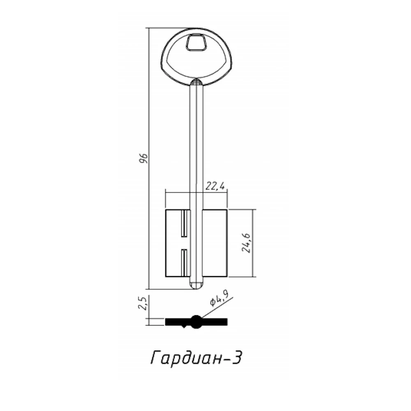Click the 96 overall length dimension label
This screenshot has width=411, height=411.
pos(143,158)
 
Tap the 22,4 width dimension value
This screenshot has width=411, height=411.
pos(215,186)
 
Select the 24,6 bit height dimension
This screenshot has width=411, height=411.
pos(247,243)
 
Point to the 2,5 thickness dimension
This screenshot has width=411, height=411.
pos(143,303)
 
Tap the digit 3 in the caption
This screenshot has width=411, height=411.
pos(236,358)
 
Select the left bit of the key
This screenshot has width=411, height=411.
pos(178,243)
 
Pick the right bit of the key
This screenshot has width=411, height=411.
pos(215,243)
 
